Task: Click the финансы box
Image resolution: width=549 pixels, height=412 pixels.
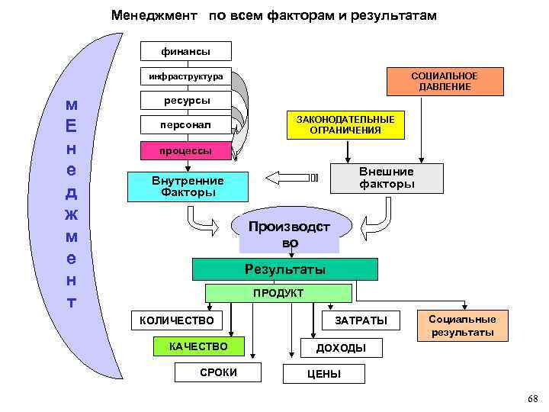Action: tap(186, 51)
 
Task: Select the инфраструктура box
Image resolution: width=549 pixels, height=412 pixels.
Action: tap(186, 76)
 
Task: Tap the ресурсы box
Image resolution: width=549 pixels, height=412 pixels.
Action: tap(186, 101)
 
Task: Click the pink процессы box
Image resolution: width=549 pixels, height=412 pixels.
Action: tap(186, 150)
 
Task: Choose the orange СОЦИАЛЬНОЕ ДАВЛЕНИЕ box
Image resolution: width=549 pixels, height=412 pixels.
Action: tap(444, 82)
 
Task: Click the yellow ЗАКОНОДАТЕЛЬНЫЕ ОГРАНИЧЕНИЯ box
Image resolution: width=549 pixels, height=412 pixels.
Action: tap(345, 125)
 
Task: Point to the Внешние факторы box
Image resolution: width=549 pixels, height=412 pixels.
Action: tap(387, 178)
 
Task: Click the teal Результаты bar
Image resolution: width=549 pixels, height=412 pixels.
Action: tap(284, 269)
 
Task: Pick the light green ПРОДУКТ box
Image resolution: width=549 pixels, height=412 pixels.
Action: tap(278, 293)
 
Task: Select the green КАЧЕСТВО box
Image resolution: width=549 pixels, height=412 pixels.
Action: tap(198, 346)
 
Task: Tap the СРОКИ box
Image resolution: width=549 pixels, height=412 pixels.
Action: tap(218, 372)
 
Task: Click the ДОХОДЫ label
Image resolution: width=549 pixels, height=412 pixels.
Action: tap(341, 348)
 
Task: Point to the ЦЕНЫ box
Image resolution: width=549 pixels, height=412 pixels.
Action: tap(324, 374)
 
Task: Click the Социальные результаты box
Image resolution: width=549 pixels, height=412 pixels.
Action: tap(462, 326)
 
